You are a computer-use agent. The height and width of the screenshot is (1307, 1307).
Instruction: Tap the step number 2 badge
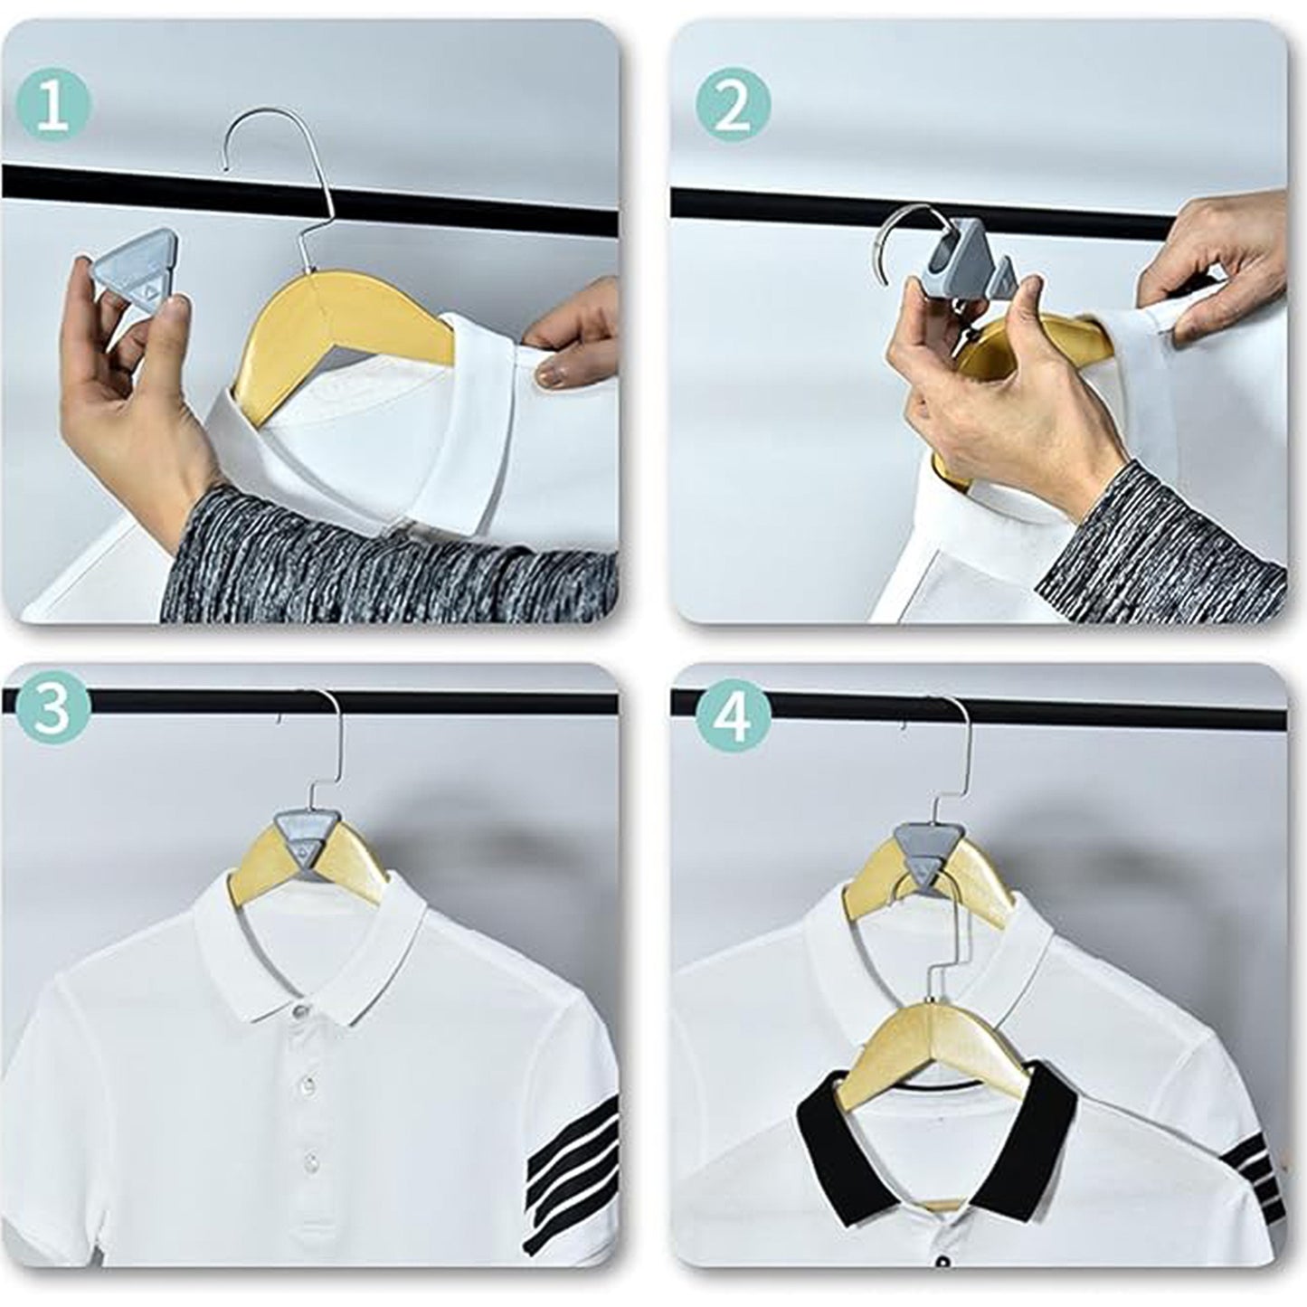pos(734,107)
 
